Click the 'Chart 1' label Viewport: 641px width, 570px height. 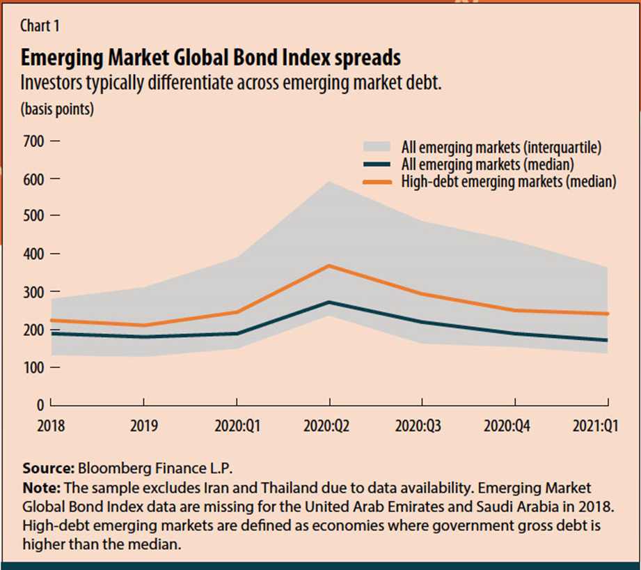[40, 26]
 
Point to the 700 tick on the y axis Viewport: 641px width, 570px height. [33, 141]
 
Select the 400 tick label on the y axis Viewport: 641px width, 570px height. [33, 254]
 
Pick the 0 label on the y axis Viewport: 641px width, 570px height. [40, 405]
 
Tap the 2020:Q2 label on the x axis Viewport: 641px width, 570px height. [329, 424]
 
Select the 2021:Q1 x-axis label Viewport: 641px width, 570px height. [596, 424]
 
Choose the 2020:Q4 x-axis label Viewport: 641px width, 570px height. [514, 424]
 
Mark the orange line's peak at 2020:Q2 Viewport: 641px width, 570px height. [329, 265]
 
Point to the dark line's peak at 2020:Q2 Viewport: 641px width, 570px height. [329, 302]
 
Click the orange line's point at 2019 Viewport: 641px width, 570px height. [143, 325]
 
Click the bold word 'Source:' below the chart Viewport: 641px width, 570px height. [48, 468]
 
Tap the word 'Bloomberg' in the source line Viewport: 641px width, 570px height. [111, 468]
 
